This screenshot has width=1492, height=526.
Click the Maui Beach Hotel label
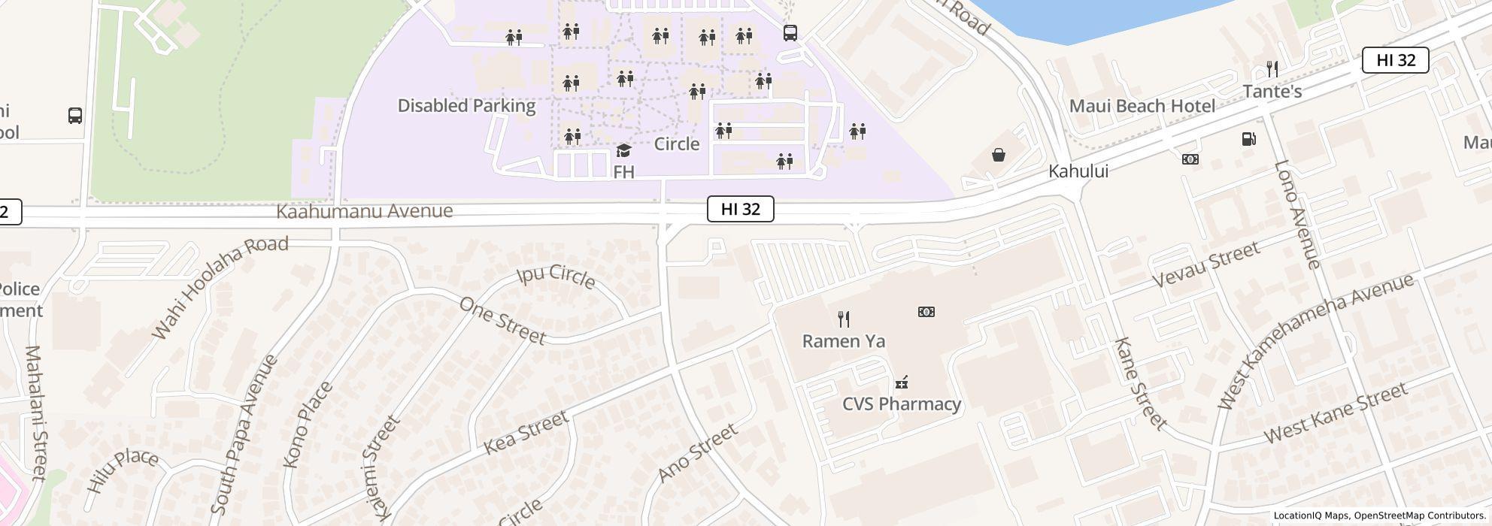tap(1142, 106)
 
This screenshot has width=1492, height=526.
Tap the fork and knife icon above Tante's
tap(1272, 69)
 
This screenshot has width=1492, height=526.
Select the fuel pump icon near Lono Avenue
tap(1248, 139)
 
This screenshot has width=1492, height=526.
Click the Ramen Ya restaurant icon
tap(844, 319)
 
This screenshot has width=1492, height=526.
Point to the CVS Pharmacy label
tap(901, 404)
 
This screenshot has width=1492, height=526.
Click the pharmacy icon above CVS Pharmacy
tap(901, 383)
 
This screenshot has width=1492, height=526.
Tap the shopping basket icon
tap(998, 155)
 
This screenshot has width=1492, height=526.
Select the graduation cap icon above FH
tap(623, 151)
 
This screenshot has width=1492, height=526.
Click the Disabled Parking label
tap(466, 106)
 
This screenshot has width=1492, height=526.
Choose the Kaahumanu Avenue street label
tap(365, 211)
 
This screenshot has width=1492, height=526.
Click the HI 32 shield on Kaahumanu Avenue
tap(740, 209)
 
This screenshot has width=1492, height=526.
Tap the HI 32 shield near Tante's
tap(1395, 60)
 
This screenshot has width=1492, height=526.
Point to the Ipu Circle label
tap(556, 276)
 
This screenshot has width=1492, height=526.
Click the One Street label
tap(502, 321)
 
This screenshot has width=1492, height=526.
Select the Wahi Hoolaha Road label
tap(220, 286)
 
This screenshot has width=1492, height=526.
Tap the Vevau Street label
tap(1205, 265)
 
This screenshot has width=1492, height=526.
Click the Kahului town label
tap(1078, 171)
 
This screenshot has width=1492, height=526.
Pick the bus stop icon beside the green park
tap(75, 116)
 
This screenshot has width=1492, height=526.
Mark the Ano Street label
tap(697, 453)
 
